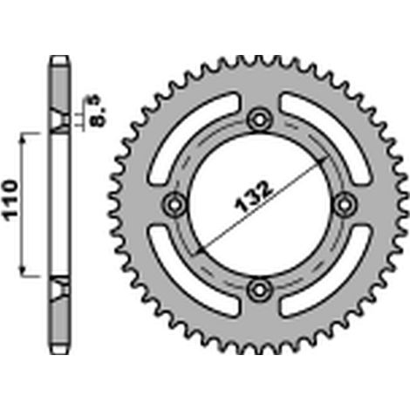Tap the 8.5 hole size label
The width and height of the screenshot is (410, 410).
point(97,112)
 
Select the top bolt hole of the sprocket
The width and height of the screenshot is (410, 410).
point(260,120)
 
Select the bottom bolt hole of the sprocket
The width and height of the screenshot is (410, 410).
point(260,290)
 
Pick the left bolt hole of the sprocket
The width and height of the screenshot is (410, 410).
point(174,205)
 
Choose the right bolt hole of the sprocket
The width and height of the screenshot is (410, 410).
point(345,204)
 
